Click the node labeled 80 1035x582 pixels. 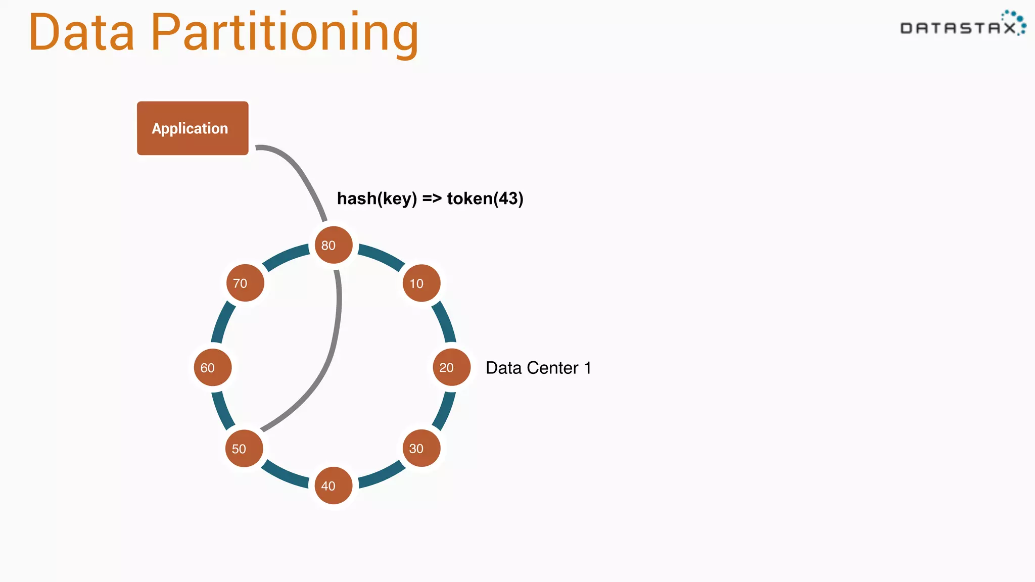(334, 245)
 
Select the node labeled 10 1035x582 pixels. (421, 283)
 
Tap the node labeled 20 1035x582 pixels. (451, 367)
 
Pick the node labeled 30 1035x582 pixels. (421, 448)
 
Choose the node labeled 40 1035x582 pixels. (334, 486)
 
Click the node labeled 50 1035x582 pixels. (244, 449)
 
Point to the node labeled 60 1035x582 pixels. (213, 367)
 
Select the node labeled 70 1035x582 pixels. (245, 283)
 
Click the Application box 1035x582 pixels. (193, 128)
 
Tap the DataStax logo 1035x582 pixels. (962, 24)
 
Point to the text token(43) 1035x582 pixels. (485, 199)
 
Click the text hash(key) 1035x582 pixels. (377, 199)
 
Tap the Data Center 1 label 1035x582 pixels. (538, 368)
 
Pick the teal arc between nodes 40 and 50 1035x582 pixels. (283, 475)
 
